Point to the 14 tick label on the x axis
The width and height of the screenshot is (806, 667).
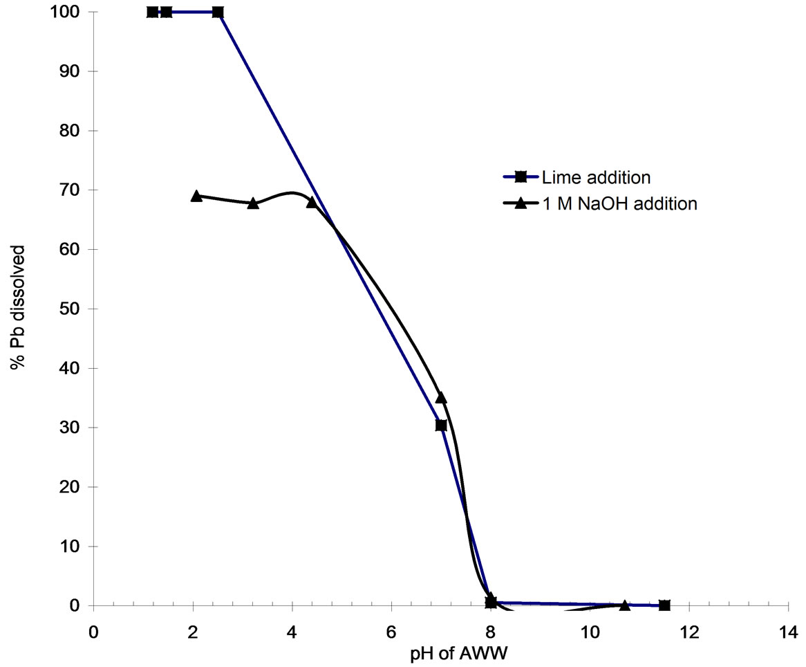point(788,632)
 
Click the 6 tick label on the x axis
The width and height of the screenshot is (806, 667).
point(391,632)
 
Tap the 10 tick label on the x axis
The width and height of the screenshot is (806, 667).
point(590,632)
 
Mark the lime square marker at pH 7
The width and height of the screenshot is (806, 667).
point(441,425)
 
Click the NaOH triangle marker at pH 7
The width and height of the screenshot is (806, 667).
point(441,398)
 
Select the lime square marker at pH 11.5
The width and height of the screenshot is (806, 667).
point(664,605)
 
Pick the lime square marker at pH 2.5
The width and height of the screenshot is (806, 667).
point(218,12)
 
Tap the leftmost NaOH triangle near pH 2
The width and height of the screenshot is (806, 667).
point(196,196)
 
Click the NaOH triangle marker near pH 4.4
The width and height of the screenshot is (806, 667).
point(312,202)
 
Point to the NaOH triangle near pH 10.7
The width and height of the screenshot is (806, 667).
point(625,605)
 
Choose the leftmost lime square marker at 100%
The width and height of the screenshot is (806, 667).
point(152,12)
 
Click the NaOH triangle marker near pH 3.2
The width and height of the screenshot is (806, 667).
point(253,203)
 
